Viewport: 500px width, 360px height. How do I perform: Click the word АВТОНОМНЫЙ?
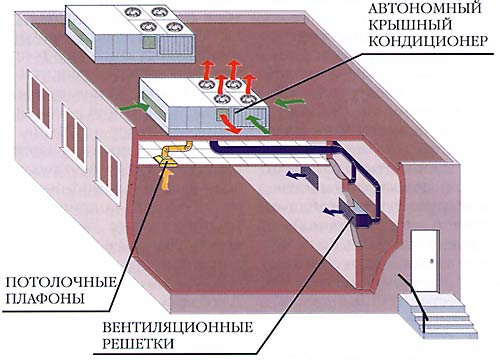(425, 8)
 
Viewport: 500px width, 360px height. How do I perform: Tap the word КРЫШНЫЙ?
(410, 25)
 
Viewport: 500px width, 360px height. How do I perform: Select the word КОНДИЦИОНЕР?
(428, 41)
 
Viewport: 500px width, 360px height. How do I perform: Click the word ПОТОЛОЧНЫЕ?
(61, 282)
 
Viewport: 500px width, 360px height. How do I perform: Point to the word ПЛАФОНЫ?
(45, 298)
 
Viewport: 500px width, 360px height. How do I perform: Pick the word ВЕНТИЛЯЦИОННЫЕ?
(177, 327)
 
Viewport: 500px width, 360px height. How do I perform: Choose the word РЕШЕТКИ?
(138, 343)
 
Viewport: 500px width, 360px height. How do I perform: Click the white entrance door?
(425, 260)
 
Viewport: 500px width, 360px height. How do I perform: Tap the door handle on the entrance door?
(432, 261)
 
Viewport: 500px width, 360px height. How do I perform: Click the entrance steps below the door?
(438, 315)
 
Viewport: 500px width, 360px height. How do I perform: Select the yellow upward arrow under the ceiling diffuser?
(167, 177)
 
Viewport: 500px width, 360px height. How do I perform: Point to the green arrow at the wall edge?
(134, 107)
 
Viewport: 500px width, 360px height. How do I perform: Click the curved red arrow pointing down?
(229, 124)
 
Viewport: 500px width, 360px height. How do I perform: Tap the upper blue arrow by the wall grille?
(295, 174)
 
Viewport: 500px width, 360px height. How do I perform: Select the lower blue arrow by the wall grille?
(332, 210)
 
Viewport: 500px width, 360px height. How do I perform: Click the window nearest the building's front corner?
(108, 171)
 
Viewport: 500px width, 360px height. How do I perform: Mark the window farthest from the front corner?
(39, 103)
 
